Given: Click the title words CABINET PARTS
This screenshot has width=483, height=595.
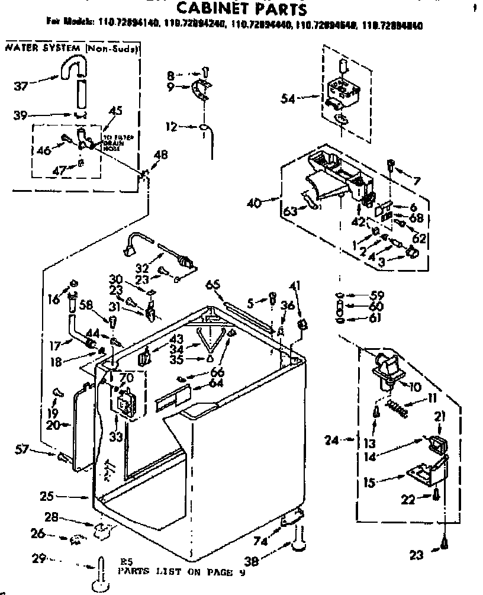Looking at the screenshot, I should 243,9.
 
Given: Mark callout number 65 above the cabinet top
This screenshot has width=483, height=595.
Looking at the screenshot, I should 212,285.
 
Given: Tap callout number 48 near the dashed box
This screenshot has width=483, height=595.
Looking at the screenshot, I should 160,156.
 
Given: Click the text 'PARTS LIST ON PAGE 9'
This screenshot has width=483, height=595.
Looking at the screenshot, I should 181,573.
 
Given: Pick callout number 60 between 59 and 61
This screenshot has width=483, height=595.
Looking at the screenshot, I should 376,306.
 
